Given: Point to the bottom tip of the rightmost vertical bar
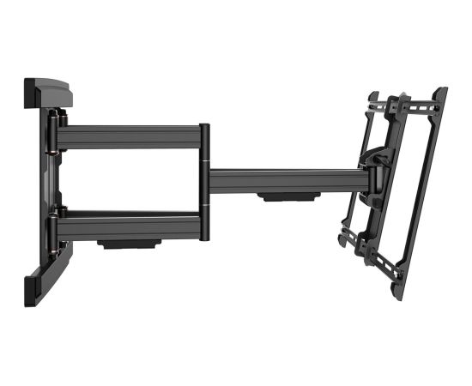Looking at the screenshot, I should pos(397,294).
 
